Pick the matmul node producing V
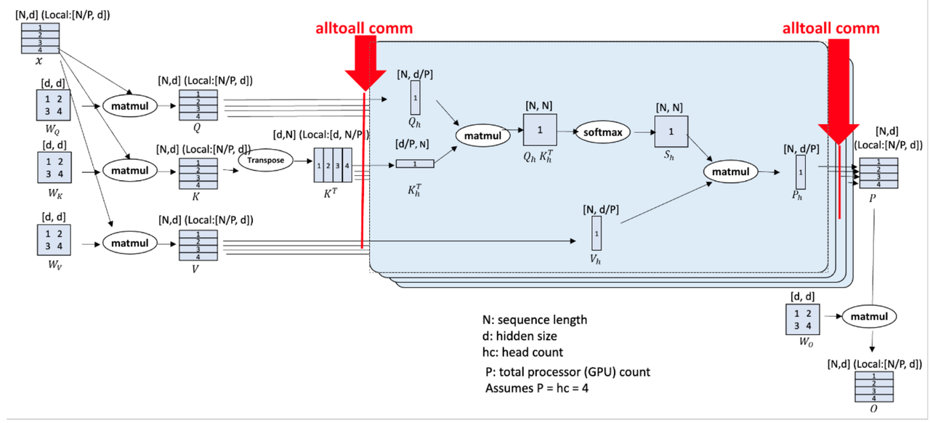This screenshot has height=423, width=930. click(x=128, y=242)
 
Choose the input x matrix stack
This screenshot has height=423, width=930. click(x=39, y=39)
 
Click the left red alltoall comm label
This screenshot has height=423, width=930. click(x=364, y=28)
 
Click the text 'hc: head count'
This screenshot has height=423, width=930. click(x=522, y=352)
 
